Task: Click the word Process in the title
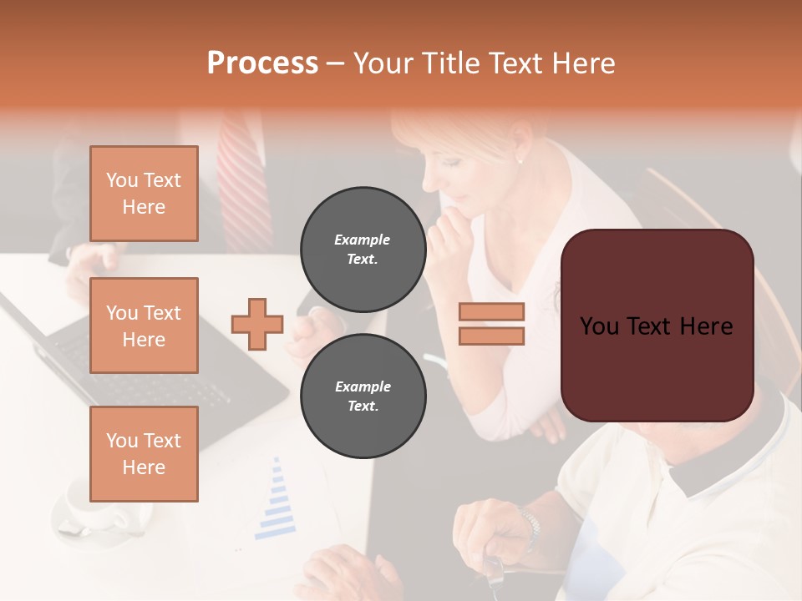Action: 262,63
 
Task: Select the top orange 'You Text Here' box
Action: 144,194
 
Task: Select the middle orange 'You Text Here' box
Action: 144,326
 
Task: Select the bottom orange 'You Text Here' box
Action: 144,454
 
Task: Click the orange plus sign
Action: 257,323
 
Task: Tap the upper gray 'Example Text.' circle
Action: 363,250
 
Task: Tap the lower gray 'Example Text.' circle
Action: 363,396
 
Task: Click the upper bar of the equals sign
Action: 491,311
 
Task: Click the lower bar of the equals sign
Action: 491,336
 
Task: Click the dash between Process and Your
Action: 335,63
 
